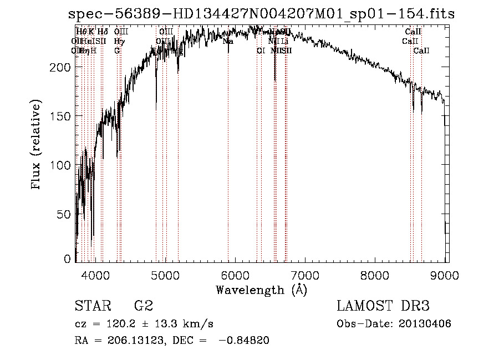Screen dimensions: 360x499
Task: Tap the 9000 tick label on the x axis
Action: (444, 275)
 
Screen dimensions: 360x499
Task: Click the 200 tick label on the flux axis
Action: (60, 67)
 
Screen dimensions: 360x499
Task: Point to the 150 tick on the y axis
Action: (60, 116)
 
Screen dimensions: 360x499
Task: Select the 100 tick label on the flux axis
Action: (60, 165)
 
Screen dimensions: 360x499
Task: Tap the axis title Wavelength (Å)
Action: (261, 290)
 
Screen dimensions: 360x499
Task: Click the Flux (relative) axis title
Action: (37, 146)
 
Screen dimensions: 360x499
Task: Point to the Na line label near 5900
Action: (228, 41)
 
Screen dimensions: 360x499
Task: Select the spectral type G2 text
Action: (143, 306)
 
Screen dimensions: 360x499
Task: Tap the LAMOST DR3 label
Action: (383, 306)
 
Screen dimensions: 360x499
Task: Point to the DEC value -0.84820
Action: (244, 341)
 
